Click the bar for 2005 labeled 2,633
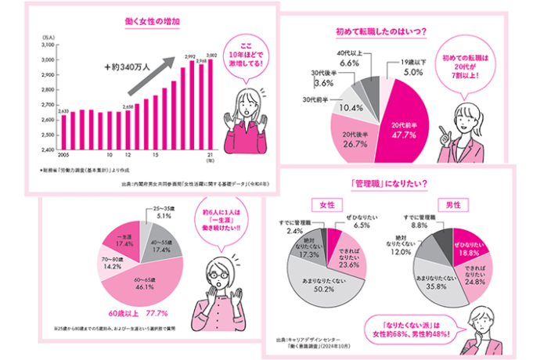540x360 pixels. point(64,131)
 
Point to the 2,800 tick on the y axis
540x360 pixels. point(47,89)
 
